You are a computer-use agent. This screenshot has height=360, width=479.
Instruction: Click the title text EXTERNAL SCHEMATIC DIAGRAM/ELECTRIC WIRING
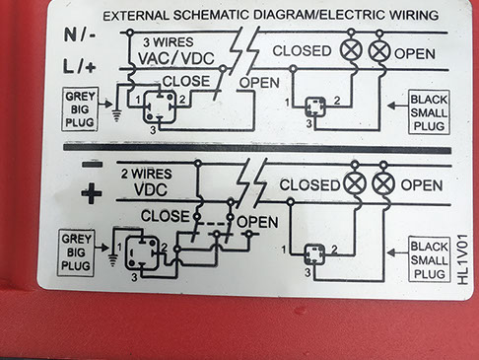(x=271, y=16)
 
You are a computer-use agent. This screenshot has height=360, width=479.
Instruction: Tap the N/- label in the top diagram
(x=80, y=35)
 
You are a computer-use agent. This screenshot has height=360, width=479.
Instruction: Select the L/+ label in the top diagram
(x=79, y=67)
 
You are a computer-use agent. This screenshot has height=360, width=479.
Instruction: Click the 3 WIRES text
(x=168, y=42)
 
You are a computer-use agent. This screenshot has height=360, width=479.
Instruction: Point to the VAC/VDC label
(x=176, y=58)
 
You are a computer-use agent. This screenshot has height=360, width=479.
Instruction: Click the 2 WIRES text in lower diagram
(x=146, y=174)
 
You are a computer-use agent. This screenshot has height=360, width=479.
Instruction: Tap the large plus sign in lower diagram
(x=91, y=193)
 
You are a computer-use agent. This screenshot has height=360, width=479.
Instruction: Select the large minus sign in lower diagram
(x=92, y=164)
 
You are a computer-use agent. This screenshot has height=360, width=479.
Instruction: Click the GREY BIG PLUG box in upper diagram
(x=80, y=109)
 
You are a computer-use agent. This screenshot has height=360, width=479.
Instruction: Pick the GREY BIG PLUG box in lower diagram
(x=76, y=252)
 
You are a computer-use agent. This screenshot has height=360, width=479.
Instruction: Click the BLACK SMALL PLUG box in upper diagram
(x=429, y=112)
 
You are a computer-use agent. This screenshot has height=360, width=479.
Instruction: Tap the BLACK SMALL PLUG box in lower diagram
(x=429, y=259)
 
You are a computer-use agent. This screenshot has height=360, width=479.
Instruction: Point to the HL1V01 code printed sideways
(x=463, y=259)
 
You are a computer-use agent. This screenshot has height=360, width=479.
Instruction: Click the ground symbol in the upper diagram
(x=116, y=115)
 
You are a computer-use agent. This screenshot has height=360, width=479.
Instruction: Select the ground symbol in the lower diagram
(x=112, y=260)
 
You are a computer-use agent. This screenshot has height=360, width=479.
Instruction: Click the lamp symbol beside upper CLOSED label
(x=351, y=51)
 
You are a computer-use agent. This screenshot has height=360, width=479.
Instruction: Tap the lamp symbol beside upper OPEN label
(x=379, y=51)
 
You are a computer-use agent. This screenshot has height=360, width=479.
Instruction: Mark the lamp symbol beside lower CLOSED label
(x=355, y=183)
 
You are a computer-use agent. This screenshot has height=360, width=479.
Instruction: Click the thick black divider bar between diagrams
(x=257, y=148)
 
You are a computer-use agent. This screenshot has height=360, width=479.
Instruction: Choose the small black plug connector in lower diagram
(x=314, y=254)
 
